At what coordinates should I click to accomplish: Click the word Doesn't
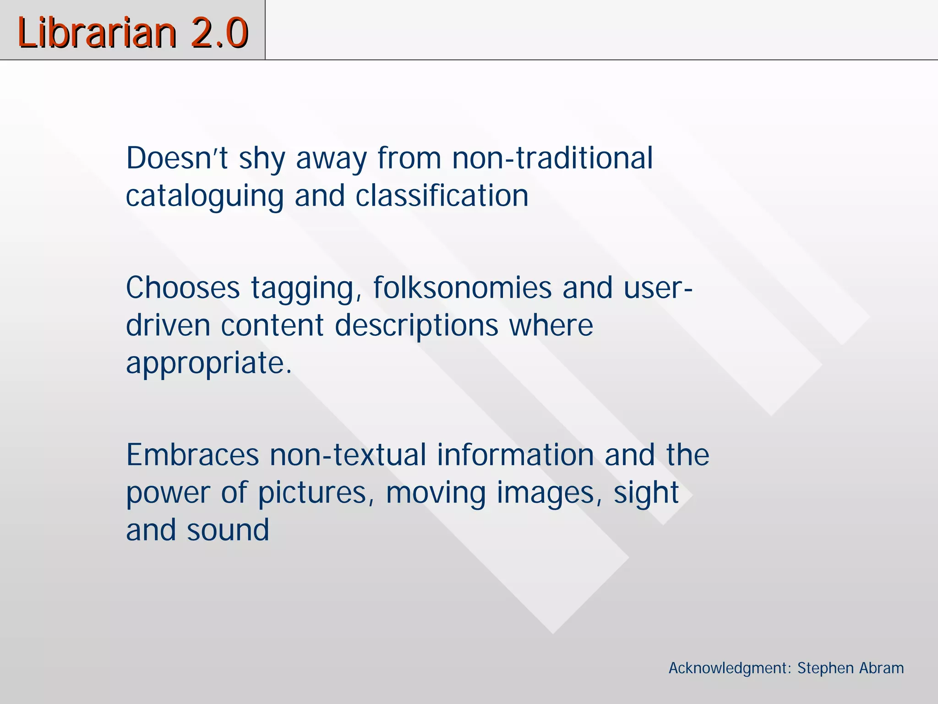point(177,158)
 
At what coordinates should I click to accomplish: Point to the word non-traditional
point(552,158)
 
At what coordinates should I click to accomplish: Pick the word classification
point(442,196)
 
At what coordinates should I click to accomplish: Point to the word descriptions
point(416,326)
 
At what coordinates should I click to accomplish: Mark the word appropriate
point(208,364)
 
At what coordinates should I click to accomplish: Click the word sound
point(228,530)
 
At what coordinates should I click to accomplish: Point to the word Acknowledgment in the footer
point(730,668)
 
